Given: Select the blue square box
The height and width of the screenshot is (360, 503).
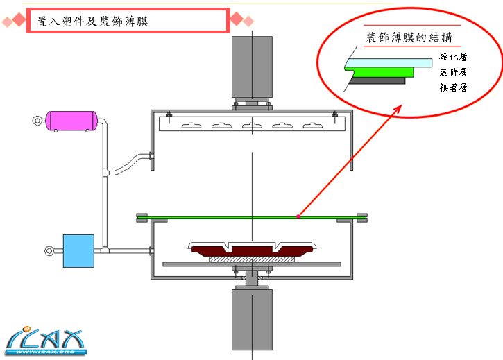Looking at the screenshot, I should [78, 250].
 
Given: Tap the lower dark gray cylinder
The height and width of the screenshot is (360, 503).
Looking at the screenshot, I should [252, 318].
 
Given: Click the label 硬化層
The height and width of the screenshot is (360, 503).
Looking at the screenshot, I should [452, 58].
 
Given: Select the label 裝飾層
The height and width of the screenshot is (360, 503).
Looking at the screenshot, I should [452, 72].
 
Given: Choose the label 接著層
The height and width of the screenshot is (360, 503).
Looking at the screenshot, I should [452, 87].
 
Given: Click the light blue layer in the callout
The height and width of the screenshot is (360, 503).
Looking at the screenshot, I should [389, 62].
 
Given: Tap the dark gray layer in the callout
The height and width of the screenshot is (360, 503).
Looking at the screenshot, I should [378, 80].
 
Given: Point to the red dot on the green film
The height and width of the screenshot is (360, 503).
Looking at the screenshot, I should [298, 217].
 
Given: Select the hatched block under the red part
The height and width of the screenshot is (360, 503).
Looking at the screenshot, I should [252, 258].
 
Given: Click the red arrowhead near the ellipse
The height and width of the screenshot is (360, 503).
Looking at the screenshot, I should [399, 108].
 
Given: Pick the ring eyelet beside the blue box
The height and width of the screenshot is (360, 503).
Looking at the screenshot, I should [49, 250].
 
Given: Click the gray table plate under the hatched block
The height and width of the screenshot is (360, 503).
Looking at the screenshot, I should [251, 264].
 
